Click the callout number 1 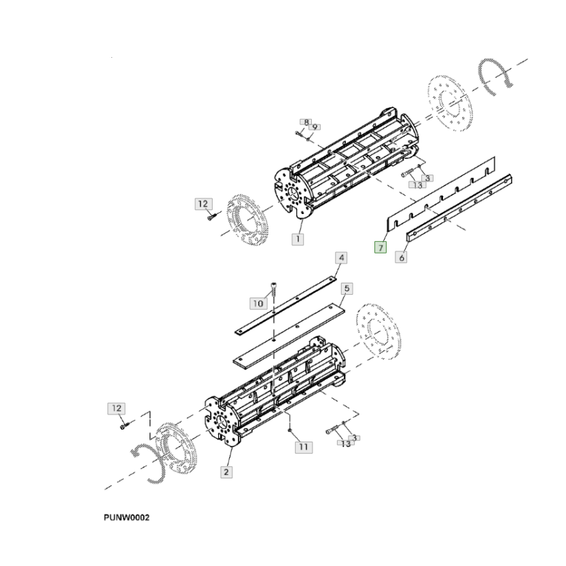299,238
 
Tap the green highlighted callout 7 381,247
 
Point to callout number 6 402,258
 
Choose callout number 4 341,258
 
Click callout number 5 346,289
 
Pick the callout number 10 258,302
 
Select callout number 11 302,446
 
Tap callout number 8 306,122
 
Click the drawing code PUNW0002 126,518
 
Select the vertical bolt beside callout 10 273,290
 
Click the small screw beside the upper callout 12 211,217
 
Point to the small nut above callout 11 290,431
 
